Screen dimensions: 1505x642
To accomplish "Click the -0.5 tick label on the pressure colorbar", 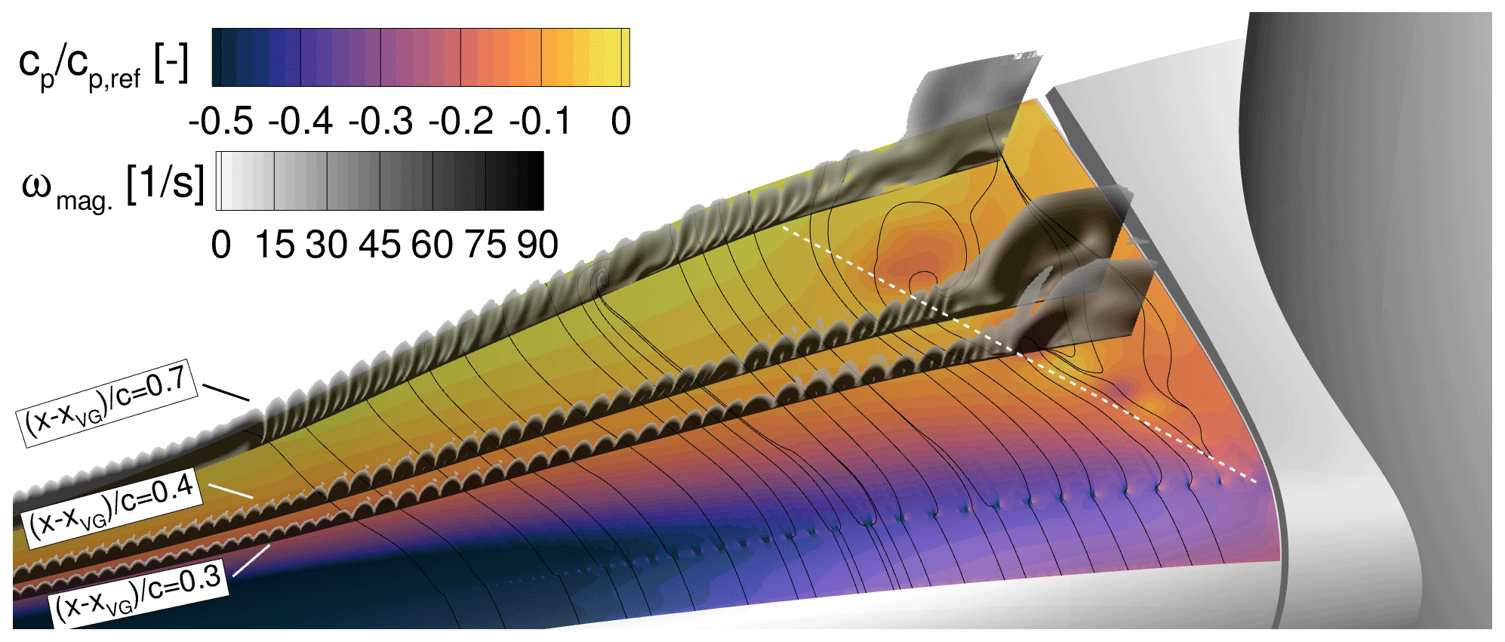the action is [220, 121].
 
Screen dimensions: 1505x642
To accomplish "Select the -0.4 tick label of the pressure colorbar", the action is [300, 121].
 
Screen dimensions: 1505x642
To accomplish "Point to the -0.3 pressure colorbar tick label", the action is [380, 121].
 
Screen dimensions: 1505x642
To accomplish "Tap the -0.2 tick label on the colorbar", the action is [460, 121].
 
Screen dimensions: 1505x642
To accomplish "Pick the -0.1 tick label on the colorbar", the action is [540, 121].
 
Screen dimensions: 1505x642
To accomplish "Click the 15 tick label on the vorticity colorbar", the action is [274, 245].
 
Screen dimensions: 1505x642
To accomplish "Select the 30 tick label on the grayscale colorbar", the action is [327, 245].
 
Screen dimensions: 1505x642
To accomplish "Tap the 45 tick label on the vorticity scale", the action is [380, 245].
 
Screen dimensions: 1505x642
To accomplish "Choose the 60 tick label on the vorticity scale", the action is [432, 245].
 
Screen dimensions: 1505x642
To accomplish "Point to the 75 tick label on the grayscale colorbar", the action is [485, 245].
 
